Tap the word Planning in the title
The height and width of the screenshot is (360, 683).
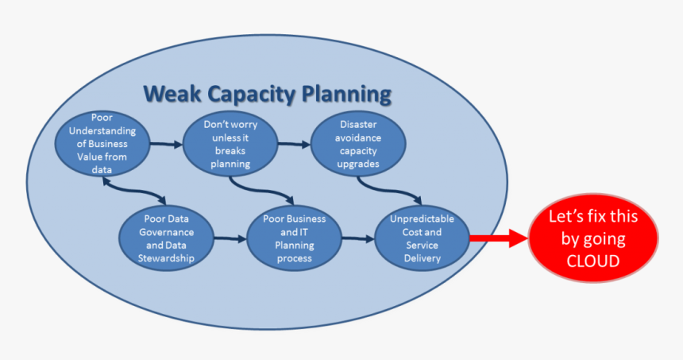(347, 95)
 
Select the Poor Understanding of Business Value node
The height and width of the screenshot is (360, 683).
(102, 144)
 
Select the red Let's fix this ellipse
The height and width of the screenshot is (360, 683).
(593, 238)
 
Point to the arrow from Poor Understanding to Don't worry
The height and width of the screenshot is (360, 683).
(166, 145)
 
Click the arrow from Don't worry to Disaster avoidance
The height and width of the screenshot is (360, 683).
(294, 145)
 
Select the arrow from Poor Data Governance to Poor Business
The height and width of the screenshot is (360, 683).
(230, 238)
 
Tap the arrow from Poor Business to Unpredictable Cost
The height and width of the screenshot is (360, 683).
(357, 238)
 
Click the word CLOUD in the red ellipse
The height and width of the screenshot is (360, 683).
(593, 259)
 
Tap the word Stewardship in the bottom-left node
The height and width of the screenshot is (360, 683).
(168, 257)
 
